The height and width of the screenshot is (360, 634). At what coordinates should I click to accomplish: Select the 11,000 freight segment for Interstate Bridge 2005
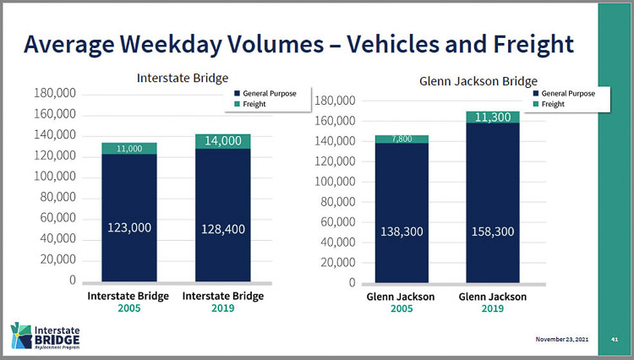click(x=129, y=148)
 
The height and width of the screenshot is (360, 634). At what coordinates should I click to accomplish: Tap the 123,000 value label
click(x=129, y=227)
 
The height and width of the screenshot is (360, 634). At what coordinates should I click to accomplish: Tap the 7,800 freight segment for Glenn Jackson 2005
click(x=402, y=139)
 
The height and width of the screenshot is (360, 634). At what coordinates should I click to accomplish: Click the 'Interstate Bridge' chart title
click(x=183, y=78)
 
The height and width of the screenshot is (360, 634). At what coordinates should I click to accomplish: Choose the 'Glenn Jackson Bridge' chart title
click(x=478, y=81)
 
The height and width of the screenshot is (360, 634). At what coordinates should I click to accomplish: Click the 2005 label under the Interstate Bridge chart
click(x=128, y=308)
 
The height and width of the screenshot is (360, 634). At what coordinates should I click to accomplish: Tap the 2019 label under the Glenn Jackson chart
click(x=493, y=309)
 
